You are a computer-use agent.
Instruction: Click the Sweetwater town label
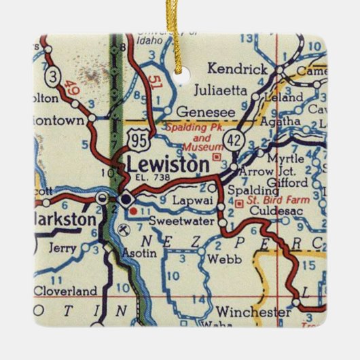coord(179,222)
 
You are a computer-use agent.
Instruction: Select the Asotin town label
coord(139,253)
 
